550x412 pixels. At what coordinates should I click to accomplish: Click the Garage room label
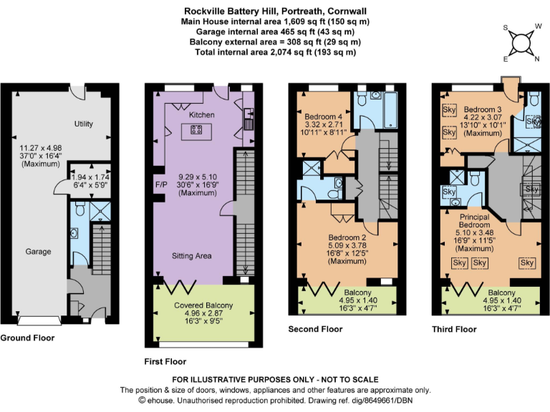pos(39,252)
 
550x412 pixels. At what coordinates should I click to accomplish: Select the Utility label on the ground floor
pos(84,124)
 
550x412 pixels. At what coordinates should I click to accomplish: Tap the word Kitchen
pos(201,114)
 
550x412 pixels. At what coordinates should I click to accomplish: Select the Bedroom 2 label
pos(347,237)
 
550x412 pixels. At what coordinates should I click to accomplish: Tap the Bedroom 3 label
pos(481,109)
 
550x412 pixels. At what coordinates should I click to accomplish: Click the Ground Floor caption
pos(27,337)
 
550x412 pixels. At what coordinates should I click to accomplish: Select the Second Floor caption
pos(315,329)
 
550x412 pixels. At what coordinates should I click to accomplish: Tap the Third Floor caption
pos(454,329)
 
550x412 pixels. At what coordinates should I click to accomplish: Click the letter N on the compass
pos(537,59)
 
